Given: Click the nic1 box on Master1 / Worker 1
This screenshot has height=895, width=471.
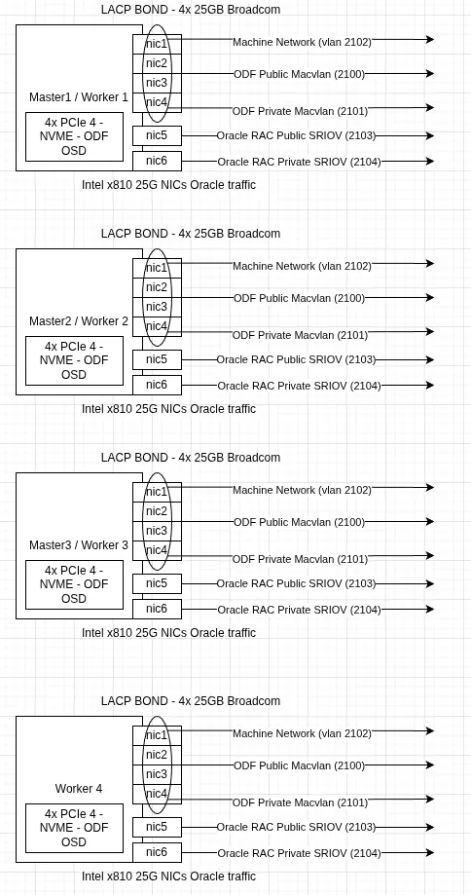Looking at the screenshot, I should (x=157, y=44).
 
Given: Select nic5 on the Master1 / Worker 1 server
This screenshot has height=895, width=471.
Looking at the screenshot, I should (x=157, y=136).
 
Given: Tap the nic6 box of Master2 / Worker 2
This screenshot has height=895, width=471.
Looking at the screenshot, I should (x=157, y=385).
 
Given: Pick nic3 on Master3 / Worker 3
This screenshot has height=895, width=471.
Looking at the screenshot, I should (x=157, y=531).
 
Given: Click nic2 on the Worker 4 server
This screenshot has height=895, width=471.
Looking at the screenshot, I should (x=157, y=755).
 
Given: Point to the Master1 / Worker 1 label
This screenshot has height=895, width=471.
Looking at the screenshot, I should (x=79, y=97).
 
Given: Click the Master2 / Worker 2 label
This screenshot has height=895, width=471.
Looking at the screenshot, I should (x=79, y=321).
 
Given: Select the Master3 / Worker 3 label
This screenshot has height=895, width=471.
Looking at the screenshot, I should (x=79, y=545).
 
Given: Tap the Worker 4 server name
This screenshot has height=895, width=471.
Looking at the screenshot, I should (x=79, y=789).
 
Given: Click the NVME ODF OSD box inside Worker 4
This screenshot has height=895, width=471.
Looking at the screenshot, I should (x=74, y=829).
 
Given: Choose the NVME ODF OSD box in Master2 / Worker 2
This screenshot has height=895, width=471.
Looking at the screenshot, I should (x=74, y=361).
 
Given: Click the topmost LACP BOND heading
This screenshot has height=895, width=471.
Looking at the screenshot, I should (x=191, y=10).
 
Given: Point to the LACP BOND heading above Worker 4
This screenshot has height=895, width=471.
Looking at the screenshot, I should (x=191, y=701).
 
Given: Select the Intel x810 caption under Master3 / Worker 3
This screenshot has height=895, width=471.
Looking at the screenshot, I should (x=168, y=633).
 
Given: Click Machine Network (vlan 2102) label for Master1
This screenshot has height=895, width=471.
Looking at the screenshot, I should (x=302, y=43).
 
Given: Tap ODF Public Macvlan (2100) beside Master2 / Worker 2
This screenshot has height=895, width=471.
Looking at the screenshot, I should (x=299, y=299).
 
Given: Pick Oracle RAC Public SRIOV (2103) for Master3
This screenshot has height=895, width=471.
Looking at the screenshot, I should (x=296, y=584).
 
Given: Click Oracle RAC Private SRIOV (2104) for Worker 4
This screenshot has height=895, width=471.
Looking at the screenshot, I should (x=299, y=854).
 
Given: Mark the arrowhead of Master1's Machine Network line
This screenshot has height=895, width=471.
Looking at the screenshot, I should (x=429, y=39).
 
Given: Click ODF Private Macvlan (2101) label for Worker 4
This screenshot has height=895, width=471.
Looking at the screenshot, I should (x=300, y=803).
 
